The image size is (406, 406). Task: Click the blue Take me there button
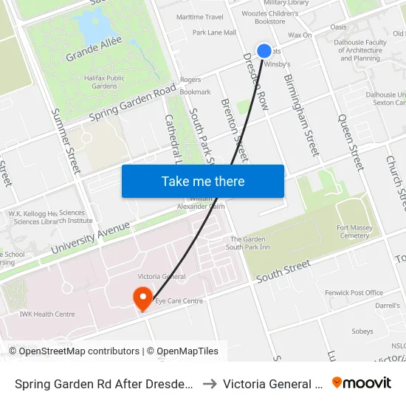click(203, 181)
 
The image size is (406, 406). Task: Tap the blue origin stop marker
click(264, 50)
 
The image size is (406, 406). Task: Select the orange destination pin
click(142, 298)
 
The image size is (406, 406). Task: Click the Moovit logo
click(362, 382)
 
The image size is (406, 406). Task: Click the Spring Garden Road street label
click(133, 103)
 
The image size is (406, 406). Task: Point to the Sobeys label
click(362, 331)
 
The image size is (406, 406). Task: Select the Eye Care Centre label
click(179, 301)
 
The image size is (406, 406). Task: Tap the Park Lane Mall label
click(214, 32)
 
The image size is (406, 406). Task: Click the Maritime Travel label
click(199, 17)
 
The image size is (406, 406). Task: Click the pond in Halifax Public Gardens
click(91, 28)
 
